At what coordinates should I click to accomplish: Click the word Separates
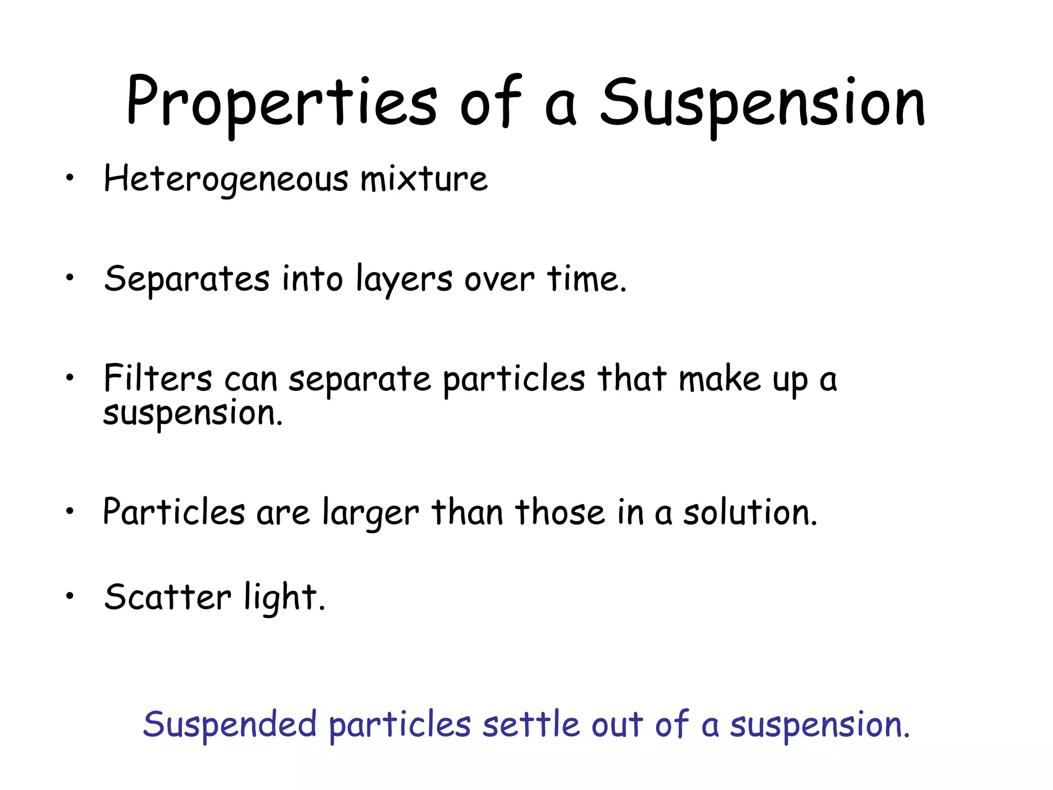(187, 279)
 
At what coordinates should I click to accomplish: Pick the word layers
(405, 280)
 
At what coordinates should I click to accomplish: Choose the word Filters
(158, 379)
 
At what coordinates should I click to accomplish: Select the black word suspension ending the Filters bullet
(192, 414)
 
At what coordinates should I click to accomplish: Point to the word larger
(371, 513)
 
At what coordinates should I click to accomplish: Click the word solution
(750, 512)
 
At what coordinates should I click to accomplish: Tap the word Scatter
(168, 597)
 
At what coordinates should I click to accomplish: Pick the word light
(284, 598)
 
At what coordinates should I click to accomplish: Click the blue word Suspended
(229, 724)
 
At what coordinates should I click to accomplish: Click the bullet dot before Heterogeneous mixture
(69, 178)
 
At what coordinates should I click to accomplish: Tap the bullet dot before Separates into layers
(69, 278)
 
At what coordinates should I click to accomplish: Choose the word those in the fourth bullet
(560, 512)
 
